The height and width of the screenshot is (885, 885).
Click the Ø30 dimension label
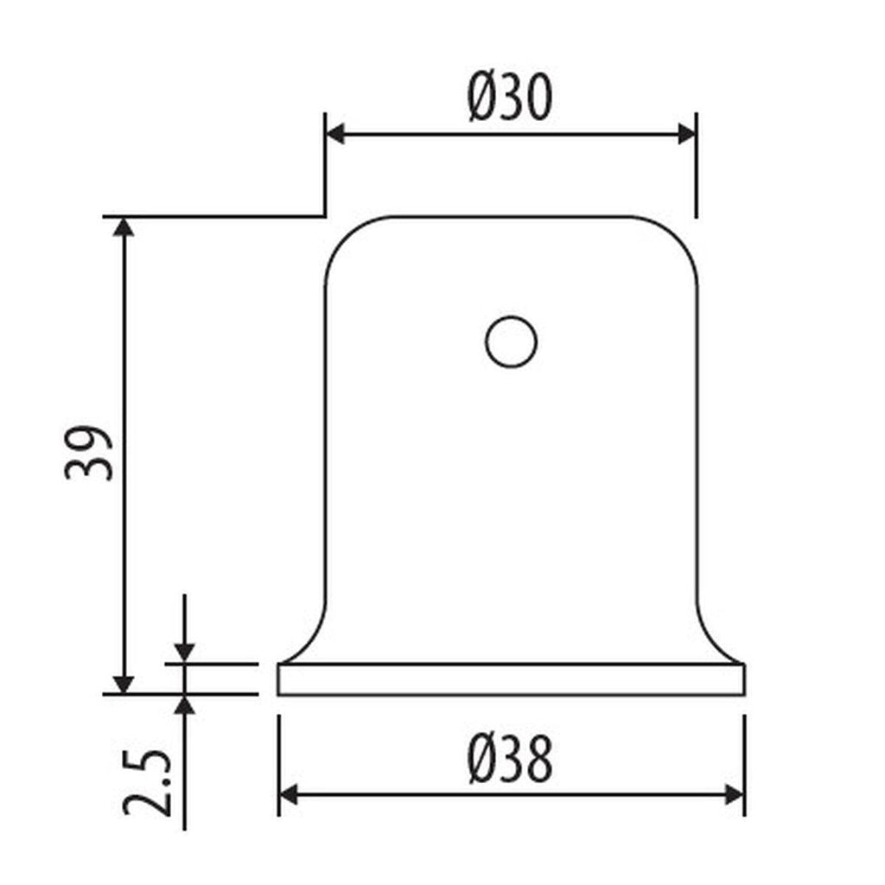(510, 97)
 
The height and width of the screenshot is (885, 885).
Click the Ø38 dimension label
(510, 759)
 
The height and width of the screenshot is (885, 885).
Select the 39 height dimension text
(89, 453)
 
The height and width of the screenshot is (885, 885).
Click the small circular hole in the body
(511, 341)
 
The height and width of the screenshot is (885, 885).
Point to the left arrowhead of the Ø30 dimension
(335, 134)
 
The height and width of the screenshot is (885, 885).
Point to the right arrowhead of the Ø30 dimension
(686, 134)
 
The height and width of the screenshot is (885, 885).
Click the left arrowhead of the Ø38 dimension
(289, 795)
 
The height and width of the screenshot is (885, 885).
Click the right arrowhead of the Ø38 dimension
(735, 795)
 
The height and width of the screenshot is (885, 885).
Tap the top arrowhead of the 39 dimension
(124, 227)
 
